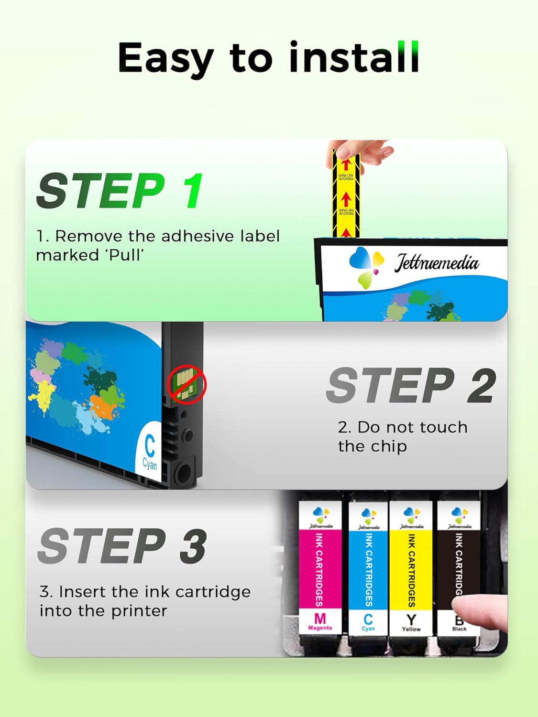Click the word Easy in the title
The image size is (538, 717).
[165, 58]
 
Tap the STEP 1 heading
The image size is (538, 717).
[120, 191]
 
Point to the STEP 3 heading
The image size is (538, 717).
[122, 546]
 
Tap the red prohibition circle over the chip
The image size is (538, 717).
[187, 384]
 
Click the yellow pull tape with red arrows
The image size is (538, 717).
[346, 196]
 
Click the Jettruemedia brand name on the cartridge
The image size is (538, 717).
[436, 263]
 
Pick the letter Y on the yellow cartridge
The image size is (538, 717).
[411, 619]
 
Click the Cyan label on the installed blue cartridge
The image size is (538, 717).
[368, 629]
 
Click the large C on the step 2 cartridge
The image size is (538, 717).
[150, 446]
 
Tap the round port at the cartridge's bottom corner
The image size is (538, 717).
[184, 473]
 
